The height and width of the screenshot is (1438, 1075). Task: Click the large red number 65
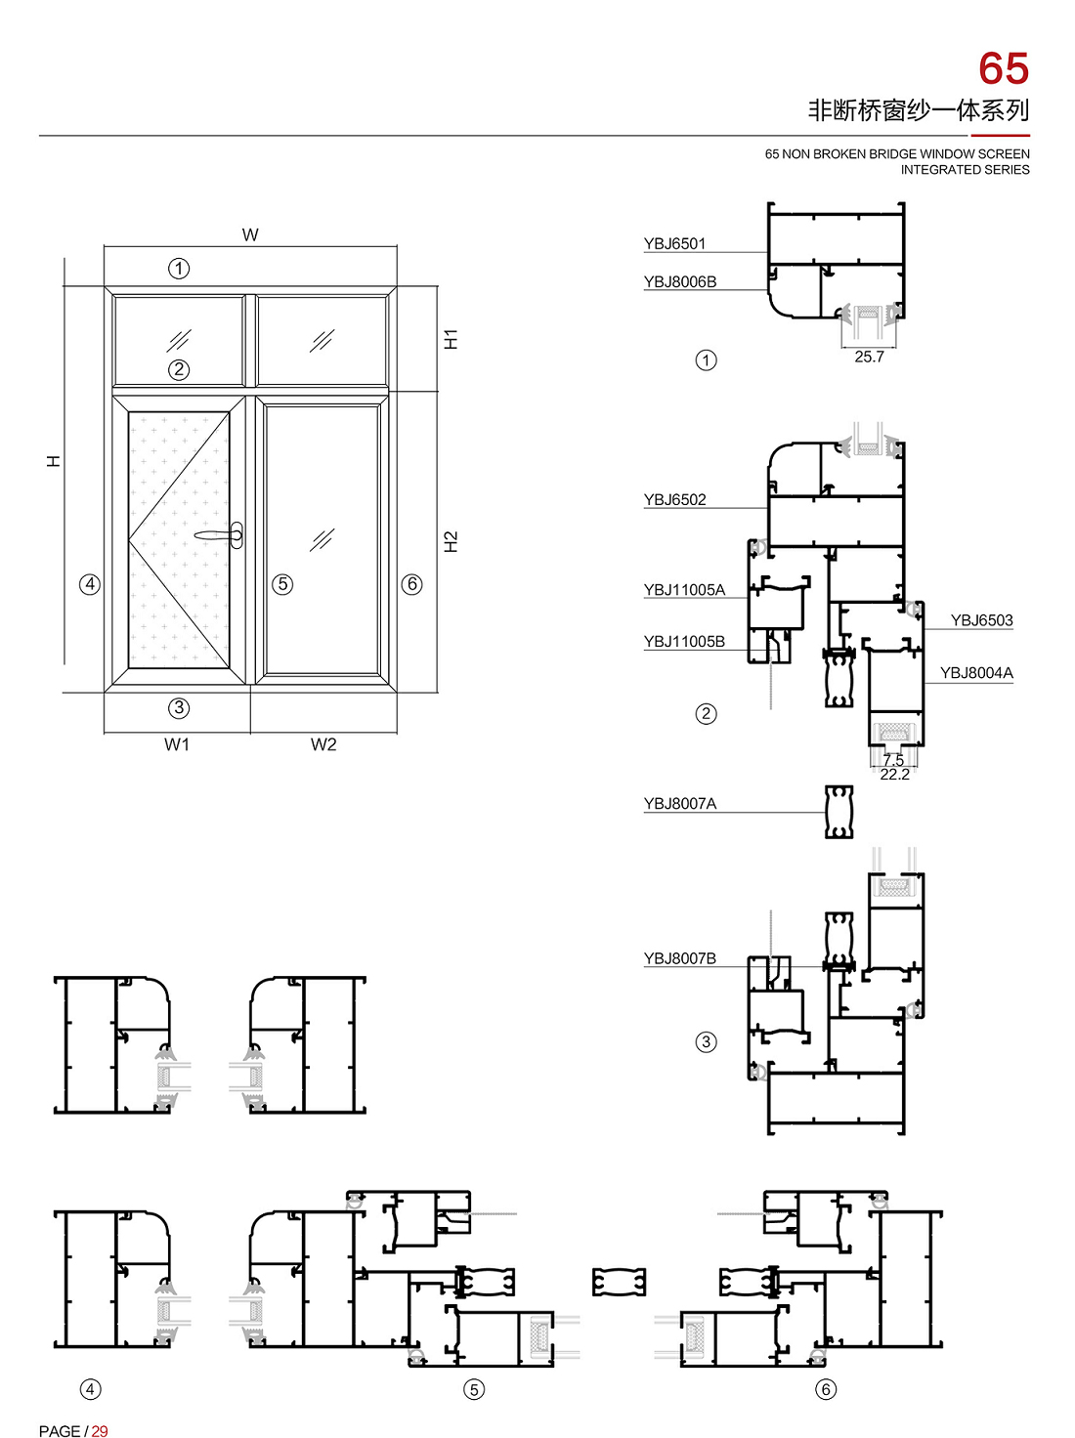[x=1003, y=68]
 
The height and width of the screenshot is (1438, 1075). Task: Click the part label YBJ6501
[x=674, y=243]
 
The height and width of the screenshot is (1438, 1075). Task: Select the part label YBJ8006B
[x=679, y=281]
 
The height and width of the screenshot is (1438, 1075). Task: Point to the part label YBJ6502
[x=674, y=500]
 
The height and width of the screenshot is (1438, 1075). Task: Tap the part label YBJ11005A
[x=684, y=590]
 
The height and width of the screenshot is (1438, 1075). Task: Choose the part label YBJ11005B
[x=684, y=642]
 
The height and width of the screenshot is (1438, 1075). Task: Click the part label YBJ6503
[x=981, y=619]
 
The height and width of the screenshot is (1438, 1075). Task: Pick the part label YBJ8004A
[x=976, y=672]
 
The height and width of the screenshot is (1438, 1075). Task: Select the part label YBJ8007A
[x=679, y=803]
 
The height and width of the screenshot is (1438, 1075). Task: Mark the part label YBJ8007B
[x=679, y=958]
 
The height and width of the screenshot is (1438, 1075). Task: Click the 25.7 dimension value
[x=869, y=357]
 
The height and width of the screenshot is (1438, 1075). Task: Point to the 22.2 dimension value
[x=894, y=775]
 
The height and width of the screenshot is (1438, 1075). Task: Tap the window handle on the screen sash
[x=220, y=535]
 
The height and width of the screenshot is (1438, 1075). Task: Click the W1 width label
[x=177, y=744]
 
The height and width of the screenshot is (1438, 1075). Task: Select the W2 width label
[x=322, y=744]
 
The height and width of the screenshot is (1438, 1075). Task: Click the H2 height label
[x=451, y=541]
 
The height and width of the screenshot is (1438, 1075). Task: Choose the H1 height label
[x=451, y=339]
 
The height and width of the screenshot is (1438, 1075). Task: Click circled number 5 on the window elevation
[x=282, y=584]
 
